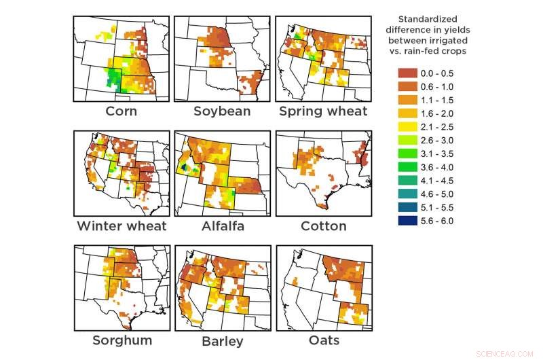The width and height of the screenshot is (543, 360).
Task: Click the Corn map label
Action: (x=121, y=111)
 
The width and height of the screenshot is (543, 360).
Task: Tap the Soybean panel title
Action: (x=222, y=111)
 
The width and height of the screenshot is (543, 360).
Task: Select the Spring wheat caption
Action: (x=323, y=111)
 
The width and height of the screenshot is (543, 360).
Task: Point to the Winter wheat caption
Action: (x=121, y=226)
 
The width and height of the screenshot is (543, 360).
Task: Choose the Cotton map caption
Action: (x=323, y=226)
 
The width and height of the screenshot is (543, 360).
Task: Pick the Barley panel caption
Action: (x=221, y=340)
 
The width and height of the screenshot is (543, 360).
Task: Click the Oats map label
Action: (x=323, y=340)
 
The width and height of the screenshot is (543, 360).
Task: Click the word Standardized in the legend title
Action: (x=428, y=19)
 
